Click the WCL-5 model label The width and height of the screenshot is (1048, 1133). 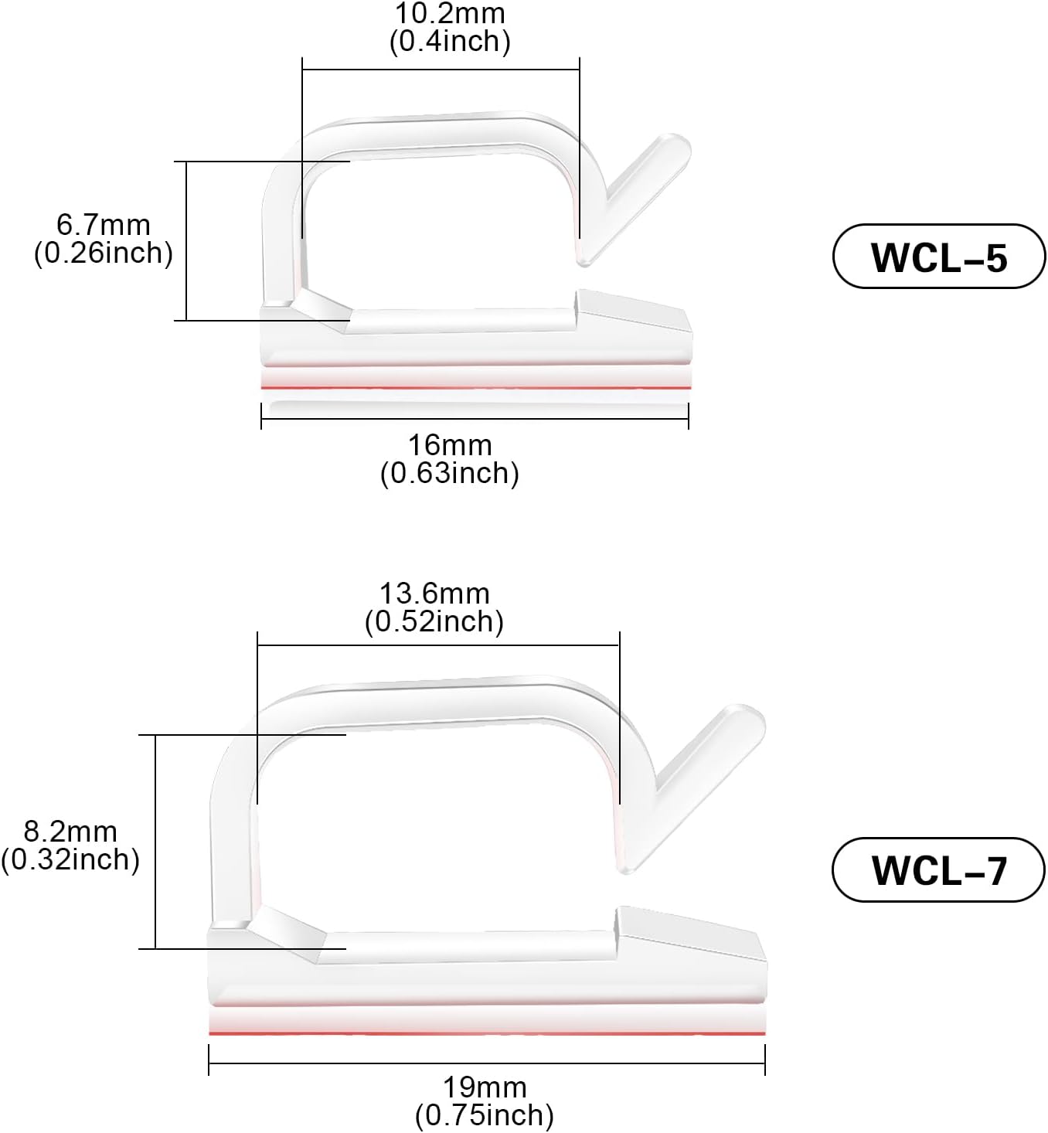pos(938,257)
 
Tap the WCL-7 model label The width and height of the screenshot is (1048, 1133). pos(938,870)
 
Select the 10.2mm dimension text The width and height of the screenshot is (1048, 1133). pos(450,14)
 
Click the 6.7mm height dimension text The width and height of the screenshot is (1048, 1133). pos(103,225)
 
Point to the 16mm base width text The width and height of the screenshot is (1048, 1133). pos(450,445)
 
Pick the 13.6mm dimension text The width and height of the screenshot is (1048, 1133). pos(434,594)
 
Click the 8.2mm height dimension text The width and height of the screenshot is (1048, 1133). pos(70,832)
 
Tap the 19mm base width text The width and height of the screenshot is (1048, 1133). pos(485,1087)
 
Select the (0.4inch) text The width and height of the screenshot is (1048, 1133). pos(450,42)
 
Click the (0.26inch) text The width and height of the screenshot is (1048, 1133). pos(103,253)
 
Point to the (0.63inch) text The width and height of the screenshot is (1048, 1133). pos(450,473)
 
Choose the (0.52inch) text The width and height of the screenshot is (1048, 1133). pos(434,621)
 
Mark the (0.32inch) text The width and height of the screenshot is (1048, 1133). pos(70,859)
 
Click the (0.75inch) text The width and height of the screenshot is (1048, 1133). pos(485,1115)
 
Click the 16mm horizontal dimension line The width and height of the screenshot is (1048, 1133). pos(475,420)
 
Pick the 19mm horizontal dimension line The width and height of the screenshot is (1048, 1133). pos(487,1064)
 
